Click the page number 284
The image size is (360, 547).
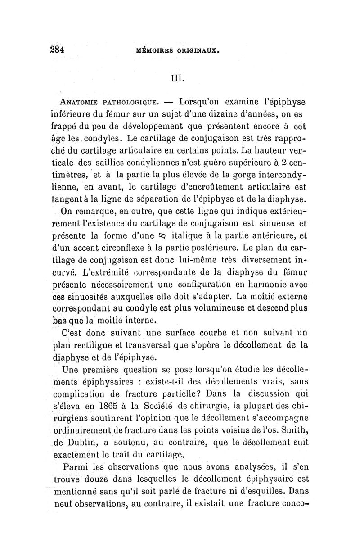(x=66, y=50)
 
